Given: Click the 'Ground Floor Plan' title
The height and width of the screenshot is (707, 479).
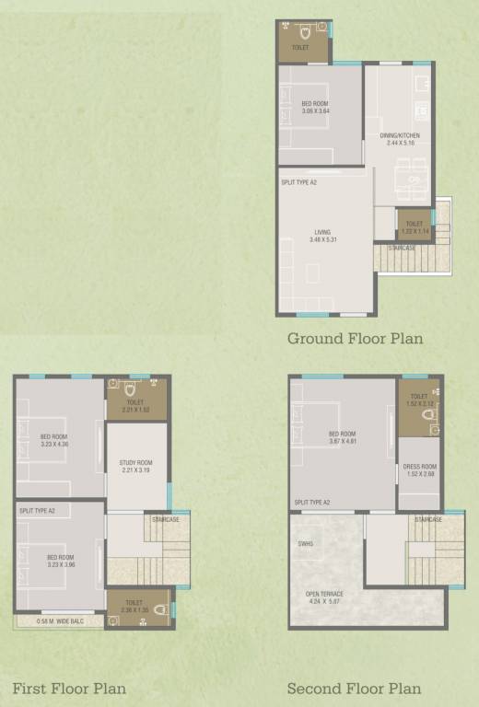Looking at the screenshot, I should pos(355,339).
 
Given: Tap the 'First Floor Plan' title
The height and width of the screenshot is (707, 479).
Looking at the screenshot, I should pos(69,689).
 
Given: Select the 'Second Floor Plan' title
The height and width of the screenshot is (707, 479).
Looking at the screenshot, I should pos(354,689).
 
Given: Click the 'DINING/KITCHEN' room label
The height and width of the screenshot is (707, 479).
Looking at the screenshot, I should pos(400,135).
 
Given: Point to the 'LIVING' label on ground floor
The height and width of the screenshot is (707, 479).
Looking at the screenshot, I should pos(321,232).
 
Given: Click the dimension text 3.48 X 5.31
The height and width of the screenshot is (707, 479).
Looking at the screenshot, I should pos(321,240).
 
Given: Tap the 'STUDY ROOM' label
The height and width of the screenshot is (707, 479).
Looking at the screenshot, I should pos(135,462).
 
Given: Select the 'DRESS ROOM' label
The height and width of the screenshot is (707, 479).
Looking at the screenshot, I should pos(419,466).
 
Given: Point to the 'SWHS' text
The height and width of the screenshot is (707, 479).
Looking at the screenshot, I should pos(306,543).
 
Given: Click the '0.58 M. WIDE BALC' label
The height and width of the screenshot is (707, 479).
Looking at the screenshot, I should pos(58,621).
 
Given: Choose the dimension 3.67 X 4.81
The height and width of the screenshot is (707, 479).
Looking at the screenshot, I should pos(342,441).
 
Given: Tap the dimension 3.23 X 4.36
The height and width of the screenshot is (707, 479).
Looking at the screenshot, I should pos(54,444).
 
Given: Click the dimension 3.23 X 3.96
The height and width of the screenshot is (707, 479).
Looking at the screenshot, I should pos(54,564).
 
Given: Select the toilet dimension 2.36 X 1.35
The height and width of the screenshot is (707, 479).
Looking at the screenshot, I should pos(135,609).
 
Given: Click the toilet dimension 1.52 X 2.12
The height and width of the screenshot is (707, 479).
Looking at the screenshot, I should pos(419,403).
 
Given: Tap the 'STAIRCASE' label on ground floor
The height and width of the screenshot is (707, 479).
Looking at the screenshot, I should pos(402,248).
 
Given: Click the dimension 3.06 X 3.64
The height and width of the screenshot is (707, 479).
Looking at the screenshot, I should pos(315,112).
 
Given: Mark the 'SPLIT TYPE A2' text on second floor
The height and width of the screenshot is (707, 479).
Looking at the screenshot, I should pos(312,503).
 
